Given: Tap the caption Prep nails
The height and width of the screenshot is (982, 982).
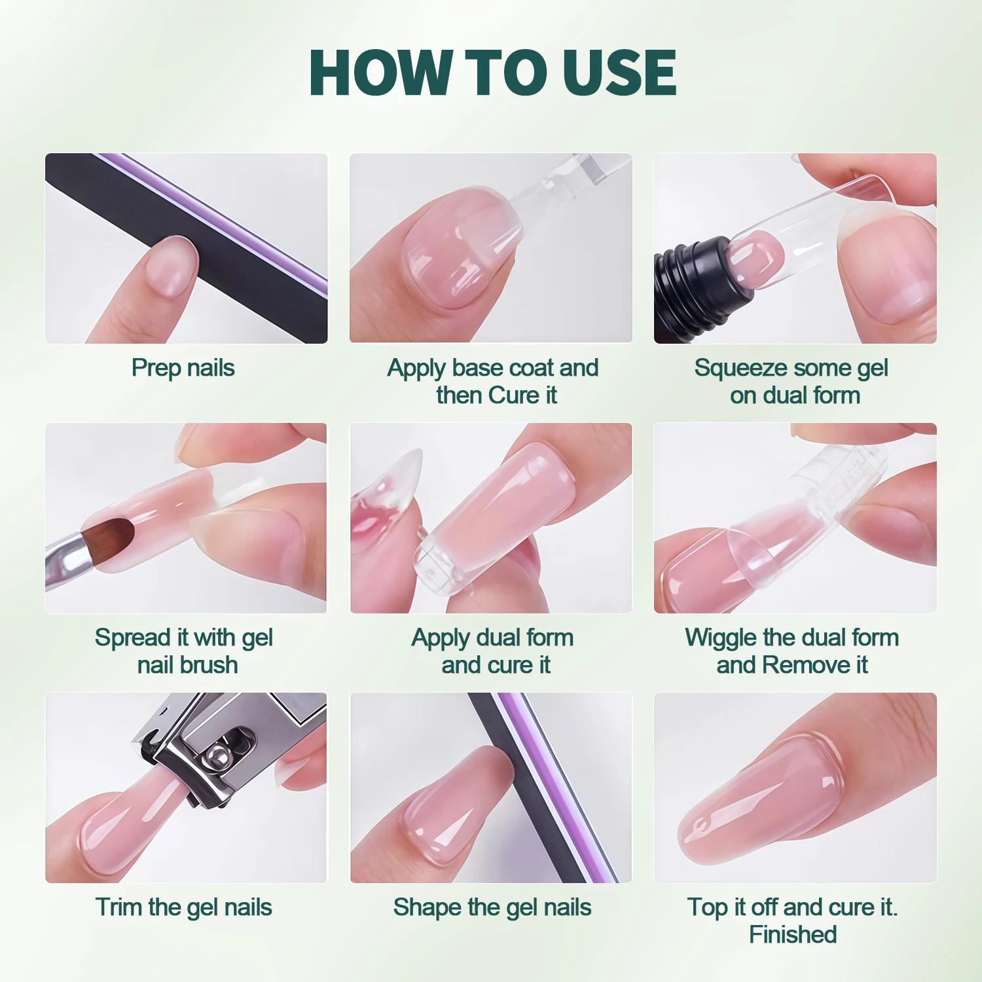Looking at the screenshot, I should pos(183,368).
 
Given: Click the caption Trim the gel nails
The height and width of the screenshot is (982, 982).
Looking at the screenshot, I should pos(183,907).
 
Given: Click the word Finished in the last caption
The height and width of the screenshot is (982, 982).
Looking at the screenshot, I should pos(793,935).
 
